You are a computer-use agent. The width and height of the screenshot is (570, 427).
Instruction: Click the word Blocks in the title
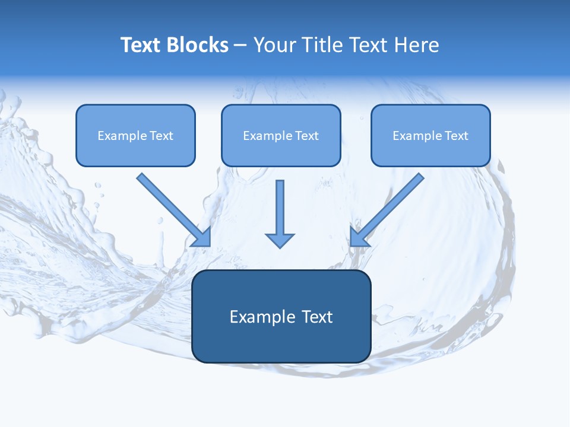[197, 45]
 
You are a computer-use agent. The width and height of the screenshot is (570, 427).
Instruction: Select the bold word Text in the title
[141, 45]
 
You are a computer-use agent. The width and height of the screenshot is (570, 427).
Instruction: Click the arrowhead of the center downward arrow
[280, 240]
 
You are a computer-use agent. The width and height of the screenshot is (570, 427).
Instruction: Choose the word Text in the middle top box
[306, 136]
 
